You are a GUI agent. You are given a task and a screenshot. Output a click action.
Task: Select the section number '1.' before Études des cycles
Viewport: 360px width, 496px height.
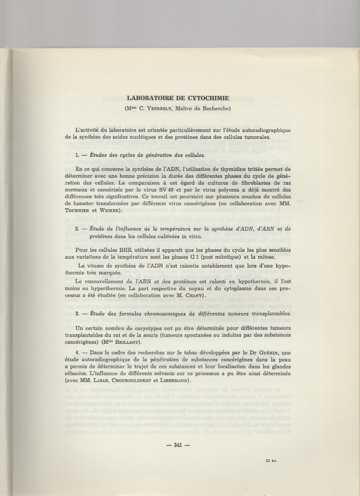tap(78, 154)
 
